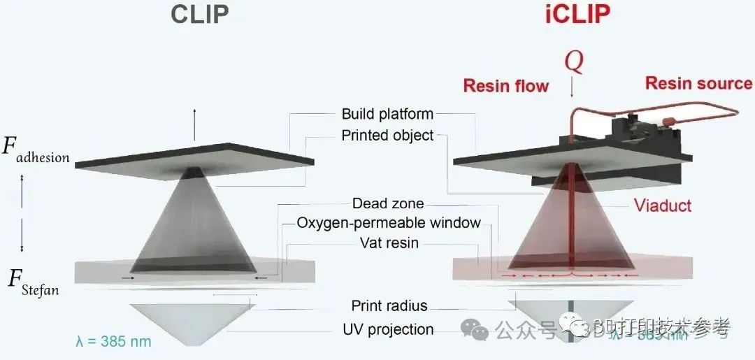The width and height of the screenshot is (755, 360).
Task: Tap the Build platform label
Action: [387, 114]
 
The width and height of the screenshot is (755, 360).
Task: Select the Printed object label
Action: [387, 136]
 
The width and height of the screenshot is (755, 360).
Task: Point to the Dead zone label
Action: [388, 204]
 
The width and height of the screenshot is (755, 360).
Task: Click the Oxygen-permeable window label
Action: [389, 224]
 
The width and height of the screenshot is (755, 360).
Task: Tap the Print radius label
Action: [389, 305]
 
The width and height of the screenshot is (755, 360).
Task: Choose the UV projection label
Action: [388, 330]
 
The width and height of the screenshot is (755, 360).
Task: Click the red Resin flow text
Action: [505, 86]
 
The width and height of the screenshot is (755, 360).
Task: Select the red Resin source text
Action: [698, 83]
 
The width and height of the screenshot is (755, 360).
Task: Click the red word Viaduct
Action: [663, 206]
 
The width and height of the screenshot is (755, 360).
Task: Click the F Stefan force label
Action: [32, 281]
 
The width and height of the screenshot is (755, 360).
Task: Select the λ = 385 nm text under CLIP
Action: [113, 343]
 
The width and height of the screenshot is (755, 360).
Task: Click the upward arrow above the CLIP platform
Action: [195, 119]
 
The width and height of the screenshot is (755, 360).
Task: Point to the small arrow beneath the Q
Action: [573, 89]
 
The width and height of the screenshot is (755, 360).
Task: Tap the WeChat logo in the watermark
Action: [478, 329]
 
